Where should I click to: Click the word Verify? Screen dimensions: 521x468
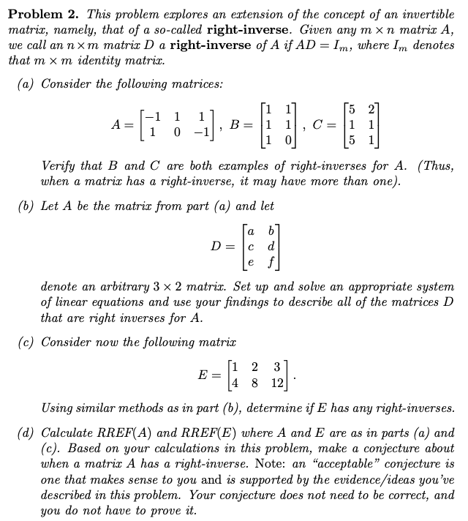[60, 167]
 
